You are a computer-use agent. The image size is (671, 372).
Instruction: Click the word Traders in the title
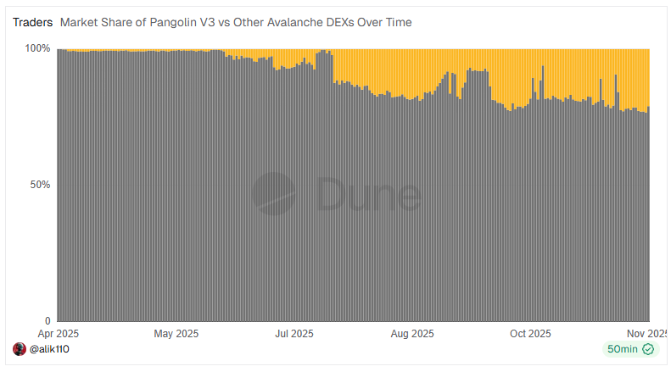coord(32,22)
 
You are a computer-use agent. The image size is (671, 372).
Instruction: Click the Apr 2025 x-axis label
coord(57,333)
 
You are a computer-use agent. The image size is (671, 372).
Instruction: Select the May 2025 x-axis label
coord(176,333)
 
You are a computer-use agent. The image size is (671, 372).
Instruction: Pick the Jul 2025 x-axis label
coord(294,333)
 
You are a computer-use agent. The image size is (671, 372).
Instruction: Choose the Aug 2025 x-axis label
coord(413,333)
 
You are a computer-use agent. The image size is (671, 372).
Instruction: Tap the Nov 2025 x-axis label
coord(648,333)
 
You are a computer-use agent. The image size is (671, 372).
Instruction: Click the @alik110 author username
coord(49,349)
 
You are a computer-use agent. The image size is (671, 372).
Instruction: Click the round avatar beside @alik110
coord(20,349)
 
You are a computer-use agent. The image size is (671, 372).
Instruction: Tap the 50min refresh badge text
coord(622,349)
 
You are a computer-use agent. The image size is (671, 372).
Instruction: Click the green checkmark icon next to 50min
coord(648,349)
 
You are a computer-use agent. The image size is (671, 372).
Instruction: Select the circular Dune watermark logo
coord(273,194)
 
